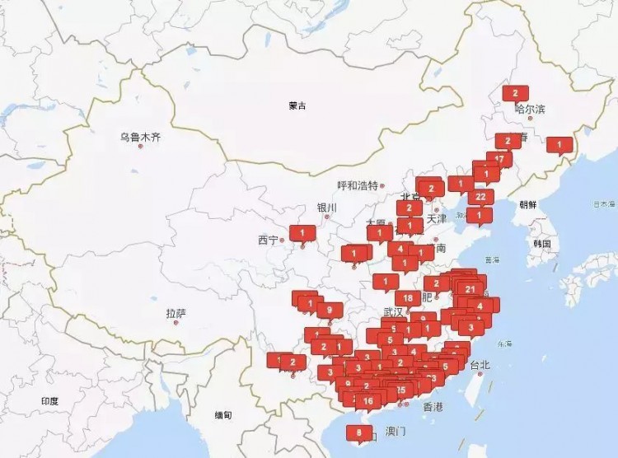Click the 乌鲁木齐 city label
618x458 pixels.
(139, 136)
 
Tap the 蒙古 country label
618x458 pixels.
(297, 105)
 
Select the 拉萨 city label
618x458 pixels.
(176, 313)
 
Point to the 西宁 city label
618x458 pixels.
(268, 241)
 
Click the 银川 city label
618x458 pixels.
(326, 208)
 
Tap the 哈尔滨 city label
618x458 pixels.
(530, 109)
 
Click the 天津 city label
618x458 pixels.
(436, 218)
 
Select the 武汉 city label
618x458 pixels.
(394, 311)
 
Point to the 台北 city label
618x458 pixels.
(479, 364)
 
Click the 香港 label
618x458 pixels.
(433, 407)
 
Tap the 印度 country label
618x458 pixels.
(49, 401)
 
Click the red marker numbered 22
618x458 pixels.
(480, 197)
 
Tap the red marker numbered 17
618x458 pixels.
(499, 157)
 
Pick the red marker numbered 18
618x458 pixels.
(407, 298)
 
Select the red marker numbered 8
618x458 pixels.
(359, 431)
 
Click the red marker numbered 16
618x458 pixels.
(368, 401)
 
